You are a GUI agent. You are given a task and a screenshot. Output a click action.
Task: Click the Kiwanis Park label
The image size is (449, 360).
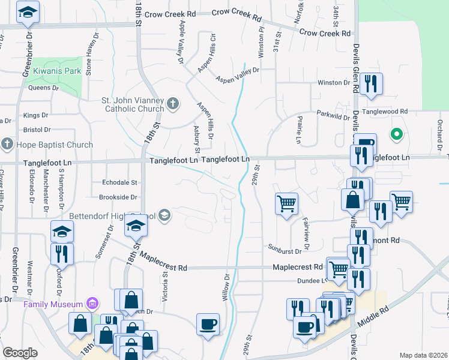[x=57, y=71]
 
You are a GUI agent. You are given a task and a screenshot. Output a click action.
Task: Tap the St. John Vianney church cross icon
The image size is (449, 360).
[x=173, y=104]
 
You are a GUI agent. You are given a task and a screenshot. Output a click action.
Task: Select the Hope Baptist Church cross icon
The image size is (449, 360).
[x=7, y=145]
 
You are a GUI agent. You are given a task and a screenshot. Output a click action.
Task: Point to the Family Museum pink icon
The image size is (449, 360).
[x=92, y=304]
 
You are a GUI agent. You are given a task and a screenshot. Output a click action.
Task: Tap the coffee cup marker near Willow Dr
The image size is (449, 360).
[x=208, y=324]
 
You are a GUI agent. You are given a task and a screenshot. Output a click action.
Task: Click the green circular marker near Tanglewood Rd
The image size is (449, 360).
[x=396, y=134]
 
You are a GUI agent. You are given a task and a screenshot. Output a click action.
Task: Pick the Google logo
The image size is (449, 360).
[x=20, y=353]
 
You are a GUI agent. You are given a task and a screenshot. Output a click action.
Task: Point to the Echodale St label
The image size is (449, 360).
[x=120, y=182]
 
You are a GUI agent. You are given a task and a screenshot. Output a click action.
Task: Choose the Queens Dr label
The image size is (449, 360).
[x=44, y=88]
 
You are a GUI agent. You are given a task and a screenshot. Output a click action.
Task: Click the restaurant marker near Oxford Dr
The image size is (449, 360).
[x=62, y=253]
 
